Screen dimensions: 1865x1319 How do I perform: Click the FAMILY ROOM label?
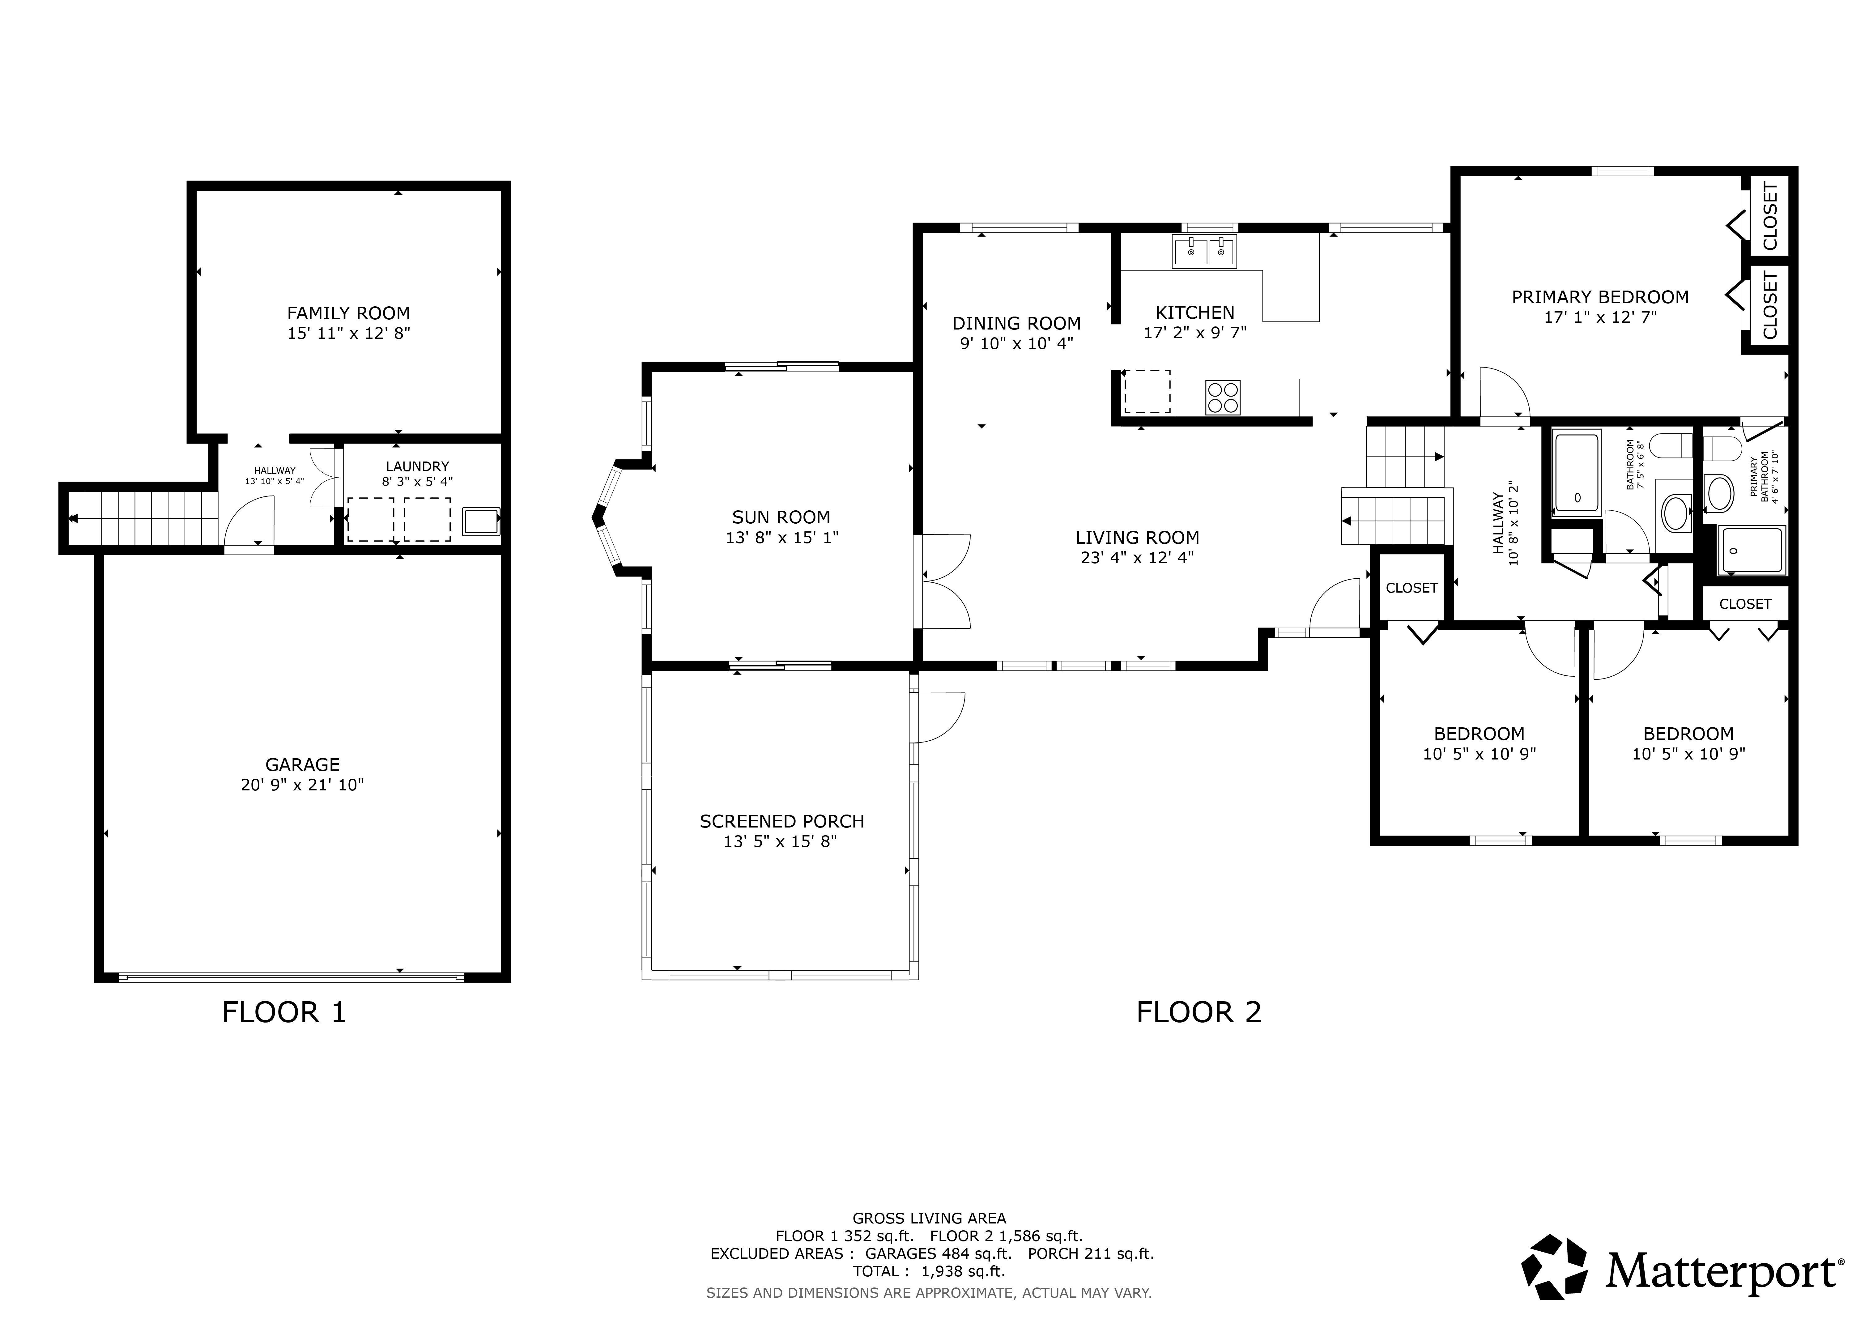point(348,313)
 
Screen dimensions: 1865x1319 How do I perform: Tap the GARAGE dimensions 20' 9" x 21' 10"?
point(302,785)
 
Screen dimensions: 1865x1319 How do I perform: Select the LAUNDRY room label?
point(418,466)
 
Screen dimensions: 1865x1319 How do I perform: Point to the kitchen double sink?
point(1204,252)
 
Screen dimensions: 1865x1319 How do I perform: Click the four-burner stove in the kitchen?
point(1223,397)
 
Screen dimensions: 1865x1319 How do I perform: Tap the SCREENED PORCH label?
point(781,821)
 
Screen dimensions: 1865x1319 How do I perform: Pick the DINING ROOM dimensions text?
point(1017,343)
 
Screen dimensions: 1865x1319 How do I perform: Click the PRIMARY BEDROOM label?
point(1600,297)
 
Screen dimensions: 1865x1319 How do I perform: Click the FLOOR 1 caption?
point(284,1012)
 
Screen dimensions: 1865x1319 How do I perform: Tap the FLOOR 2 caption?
point(1199,1012)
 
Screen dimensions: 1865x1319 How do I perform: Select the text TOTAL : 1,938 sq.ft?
point(929,1271)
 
